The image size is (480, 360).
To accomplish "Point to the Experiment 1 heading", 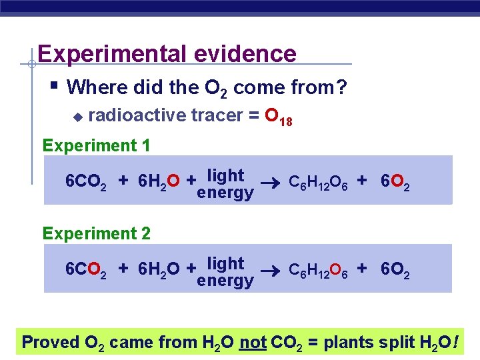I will [x=96, y=145].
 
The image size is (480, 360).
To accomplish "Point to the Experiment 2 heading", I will [x=96, y=233].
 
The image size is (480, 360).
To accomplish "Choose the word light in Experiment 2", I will [x=225, y=263].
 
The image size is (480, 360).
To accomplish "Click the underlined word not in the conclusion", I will [x=253, y=342].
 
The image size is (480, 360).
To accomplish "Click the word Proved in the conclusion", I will [x=51, y=342].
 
